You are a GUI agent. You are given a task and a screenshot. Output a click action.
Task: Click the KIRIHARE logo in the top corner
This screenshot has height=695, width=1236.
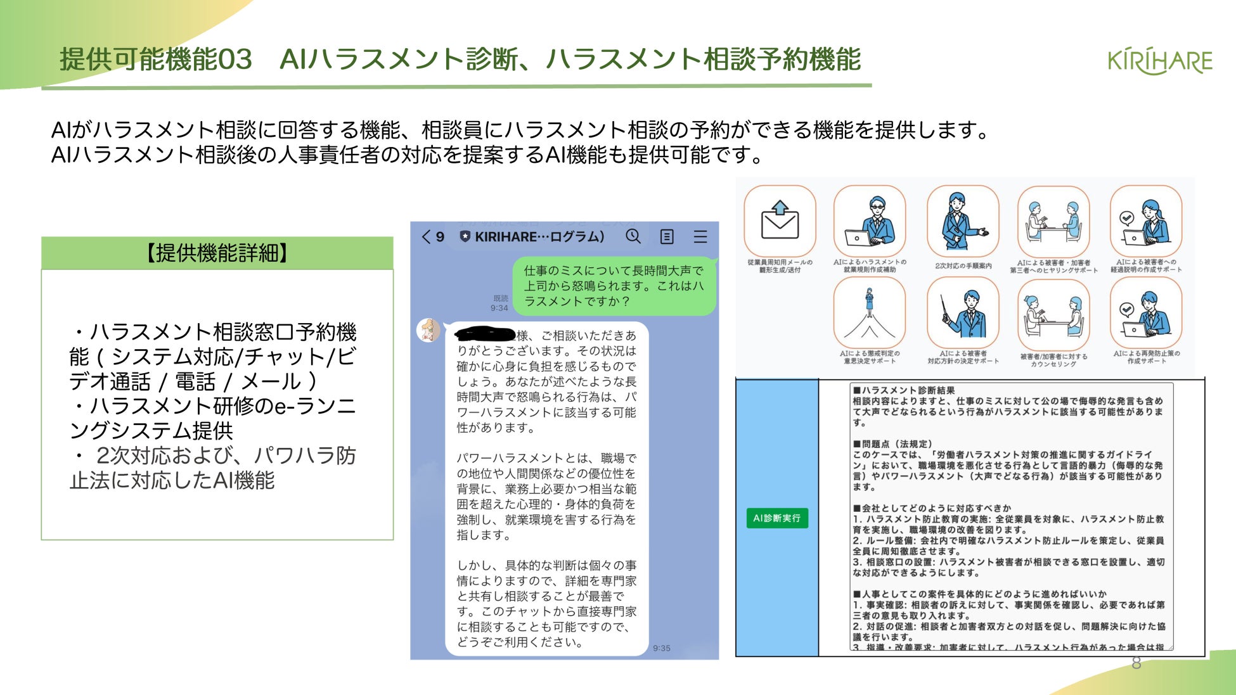pyautogui.click(x=1159, y=61)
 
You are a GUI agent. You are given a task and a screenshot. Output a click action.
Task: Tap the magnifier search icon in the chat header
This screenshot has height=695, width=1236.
pyautogui.click(x=633, y=236)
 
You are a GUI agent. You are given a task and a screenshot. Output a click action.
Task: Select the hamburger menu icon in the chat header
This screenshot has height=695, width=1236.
pyautogui.click(x=700, y=237)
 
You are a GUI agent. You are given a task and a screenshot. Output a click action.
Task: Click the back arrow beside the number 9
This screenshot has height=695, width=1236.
pyautogui.click(x=426, y=237)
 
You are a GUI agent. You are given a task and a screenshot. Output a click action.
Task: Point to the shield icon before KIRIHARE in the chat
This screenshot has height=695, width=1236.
pyautogui.click(x=465, y=237)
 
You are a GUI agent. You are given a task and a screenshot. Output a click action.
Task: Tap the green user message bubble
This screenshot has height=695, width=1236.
pyautogui.click(x=613, y=286)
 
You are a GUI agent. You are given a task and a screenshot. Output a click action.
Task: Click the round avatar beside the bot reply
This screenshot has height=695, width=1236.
pyautogui.click(x=428, y=330)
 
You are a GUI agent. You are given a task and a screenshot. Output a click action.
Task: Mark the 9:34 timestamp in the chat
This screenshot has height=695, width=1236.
pyautogui.click(x=499, y=308)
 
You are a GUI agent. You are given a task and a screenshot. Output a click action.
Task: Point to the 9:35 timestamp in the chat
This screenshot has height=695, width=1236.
pyautogui.click(x=661, y=648)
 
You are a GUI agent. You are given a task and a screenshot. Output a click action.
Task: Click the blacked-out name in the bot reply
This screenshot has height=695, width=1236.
pyautogui.click(x=485, y=334)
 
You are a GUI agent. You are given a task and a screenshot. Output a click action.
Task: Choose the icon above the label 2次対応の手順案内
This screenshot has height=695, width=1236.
pyautogui.click(x=962, y=221)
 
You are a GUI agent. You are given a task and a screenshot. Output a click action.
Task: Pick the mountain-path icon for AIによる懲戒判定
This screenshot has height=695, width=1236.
pyautogui.click(x=869, y=312)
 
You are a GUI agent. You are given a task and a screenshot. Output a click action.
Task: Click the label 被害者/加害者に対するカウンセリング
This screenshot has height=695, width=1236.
pyautogui.click(x=1053, y=360)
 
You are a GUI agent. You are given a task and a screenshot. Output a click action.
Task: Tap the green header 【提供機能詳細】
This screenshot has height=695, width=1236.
pyautogui.click(x=217, y=253)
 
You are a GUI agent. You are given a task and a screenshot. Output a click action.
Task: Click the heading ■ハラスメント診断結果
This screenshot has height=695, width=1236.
pyautogui.click(x=904, y=390)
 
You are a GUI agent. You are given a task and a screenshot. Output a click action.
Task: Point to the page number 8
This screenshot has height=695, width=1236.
pyautogui.click(x=1136, y=663)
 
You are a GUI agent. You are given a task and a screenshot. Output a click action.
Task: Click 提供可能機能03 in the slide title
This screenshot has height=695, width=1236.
pyautogui.click(x=156, y=60)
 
